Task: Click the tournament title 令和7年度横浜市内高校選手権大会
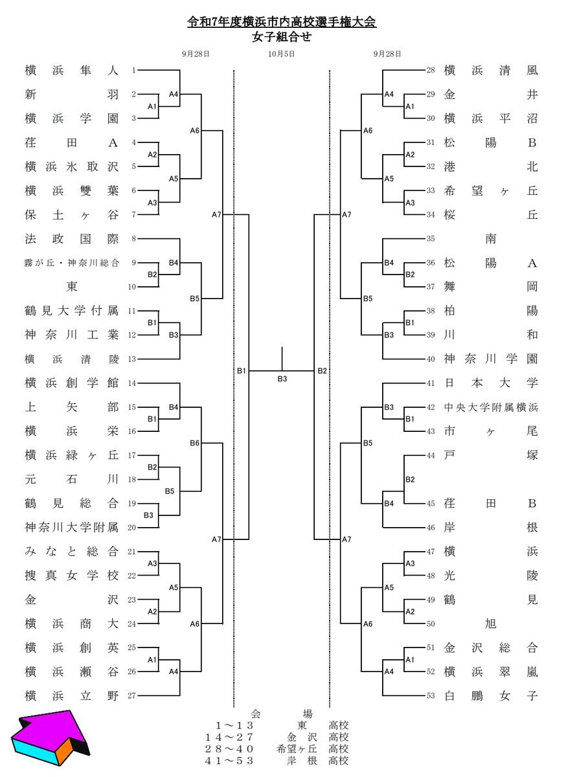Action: [x=282, y=23]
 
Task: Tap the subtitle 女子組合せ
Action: [x=282, y=37]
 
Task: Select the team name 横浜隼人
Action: [x=72, y=70]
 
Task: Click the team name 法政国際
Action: [x=72, y=239]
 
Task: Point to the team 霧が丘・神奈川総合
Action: [x=72, y=263]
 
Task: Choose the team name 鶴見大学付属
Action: [x=72, y=311]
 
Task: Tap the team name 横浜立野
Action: [x=72, y=696]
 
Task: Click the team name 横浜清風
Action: [x=491, y=70]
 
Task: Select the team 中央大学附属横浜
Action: [x=491, y=408]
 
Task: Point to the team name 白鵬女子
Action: [x=491, y=696]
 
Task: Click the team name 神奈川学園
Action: [x=491, y=359]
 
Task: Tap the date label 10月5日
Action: [x=282, y=54]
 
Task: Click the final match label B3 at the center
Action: [x=282, y=379]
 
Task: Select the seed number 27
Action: [x=132, y=696]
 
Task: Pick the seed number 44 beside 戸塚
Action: [x=431, y=455]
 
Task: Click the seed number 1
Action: [x=133, y=70]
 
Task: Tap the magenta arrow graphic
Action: [x=49, y=738]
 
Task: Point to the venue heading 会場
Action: [x=282, y=714]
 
